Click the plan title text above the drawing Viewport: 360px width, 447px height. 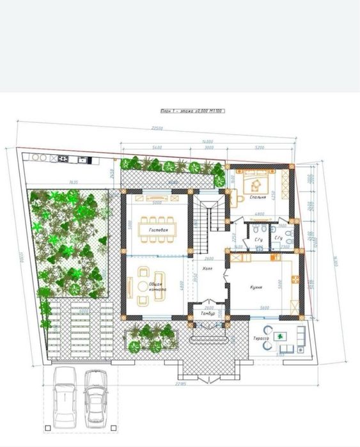click(192, 111)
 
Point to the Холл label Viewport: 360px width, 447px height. click(207, 269)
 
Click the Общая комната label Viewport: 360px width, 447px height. click(158, 286)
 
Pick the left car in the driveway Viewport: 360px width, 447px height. click(65, 397)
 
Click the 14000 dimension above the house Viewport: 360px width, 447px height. click(207, 141)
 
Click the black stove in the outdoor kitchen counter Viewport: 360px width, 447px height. click(64, 158)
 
